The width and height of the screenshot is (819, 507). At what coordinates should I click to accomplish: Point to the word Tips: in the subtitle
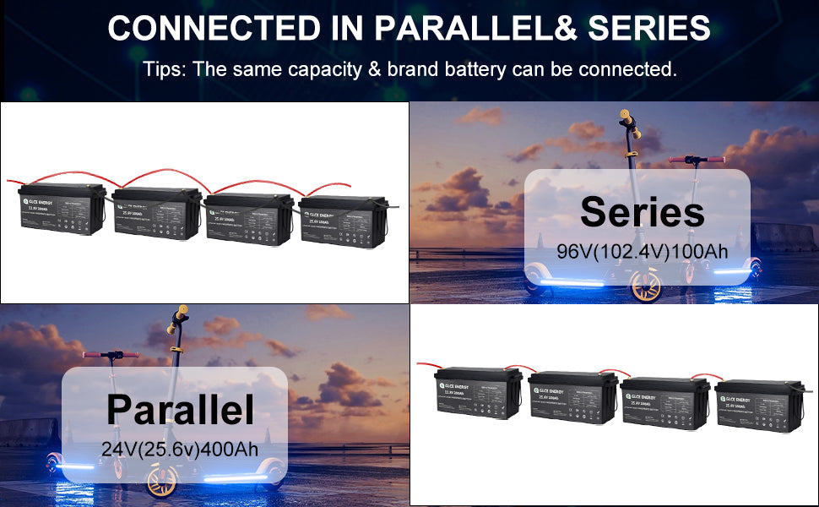point(165,69)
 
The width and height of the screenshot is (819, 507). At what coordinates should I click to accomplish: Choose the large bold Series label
point(642,211)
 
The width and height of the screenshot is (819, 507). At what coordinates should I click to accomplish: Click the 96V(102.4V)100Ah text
point(642,252)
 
